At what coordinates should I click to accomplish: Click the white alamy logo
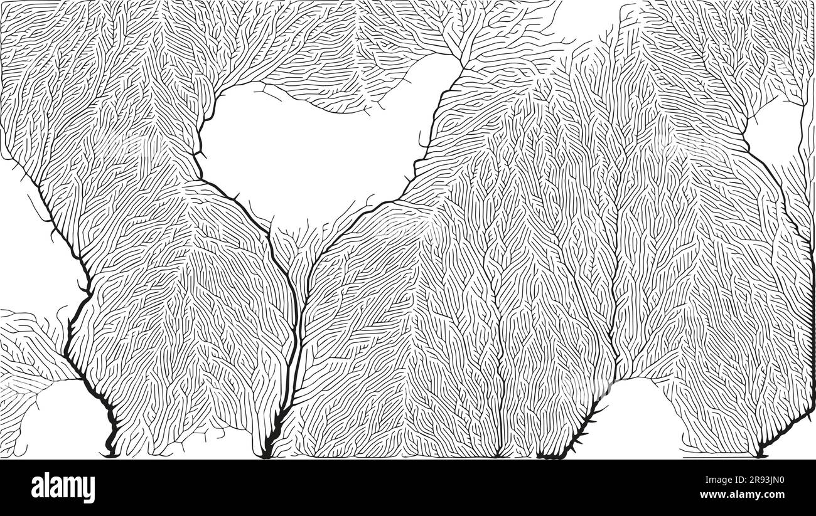click(x=63, y=487)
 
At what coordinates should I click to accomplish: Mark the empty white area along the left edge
click(x=25, y=251)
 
